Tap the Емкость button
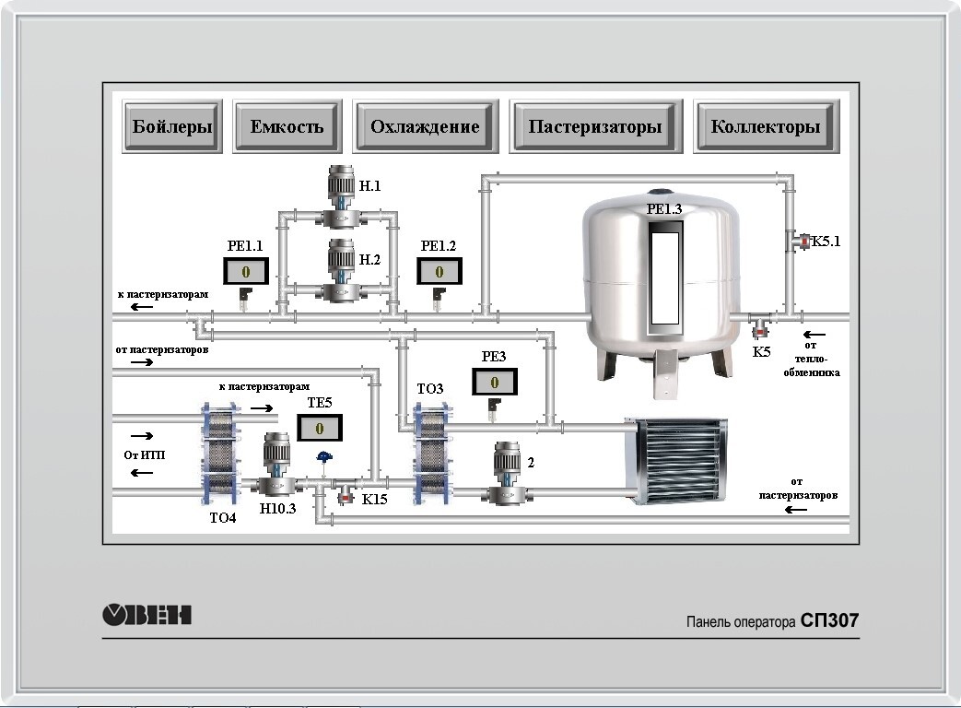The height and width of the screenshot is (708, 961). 287,126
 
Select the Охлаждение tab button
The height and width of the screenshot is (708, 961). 425,126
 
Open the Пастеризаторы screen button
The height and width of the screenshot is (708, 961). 595,126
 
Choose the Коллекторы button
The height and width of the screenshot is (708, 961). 766,126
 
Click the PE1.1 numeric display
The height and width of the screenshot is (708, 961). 246,272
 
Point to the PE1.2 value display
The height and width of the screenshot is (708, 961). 439,272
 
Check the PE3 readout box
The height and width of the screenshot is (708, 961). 495,382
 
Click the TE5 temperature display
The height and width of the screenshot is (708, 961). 320,429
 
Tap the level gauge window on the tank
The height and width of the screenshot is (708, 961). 663,279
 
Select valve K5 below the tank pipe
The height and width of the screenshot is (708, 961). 761,325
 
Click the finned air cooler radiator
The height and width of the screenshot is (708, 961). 676,460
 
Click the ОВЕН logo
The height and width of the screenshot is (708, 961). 146,615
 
